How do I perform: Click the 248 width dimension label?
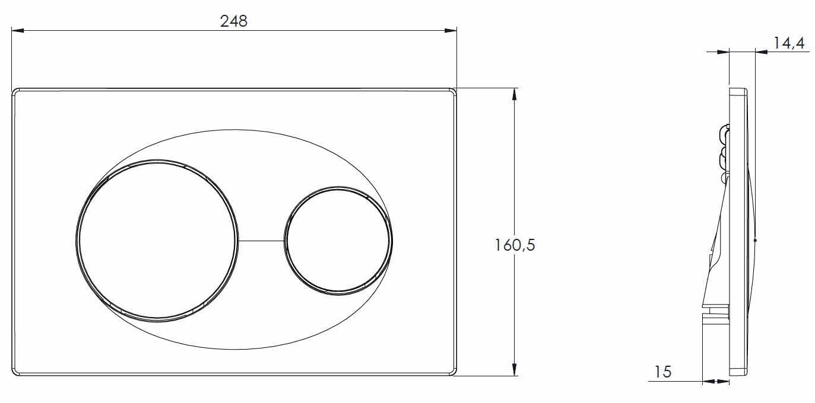click(x=234, y=21)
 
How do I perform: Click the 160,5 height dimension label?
click(x=515, y=245)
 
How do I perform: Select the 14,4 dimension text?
click(x=789, y=43)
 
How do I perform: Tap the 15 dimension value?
click(x=663, y=372)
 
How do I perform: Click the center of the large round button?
click(x=157, y=241)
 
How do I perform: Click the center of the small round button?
click(x=338, y=241)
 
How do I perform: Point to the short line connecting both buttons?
click(x=261, y=241)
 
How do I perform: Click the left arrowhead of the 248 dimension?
click(x=17, y=31)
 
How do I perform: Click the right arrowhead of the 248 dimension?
click(x=451, y=31)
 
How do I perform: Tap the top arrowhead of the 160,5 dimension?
click(x=514, y=94)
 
